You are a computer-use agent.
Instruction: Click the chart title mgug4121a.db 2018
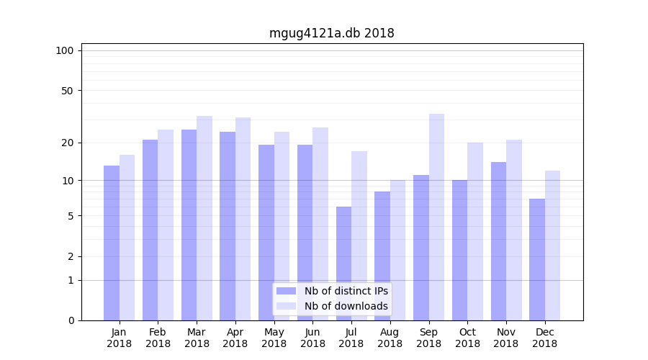pyautogui.click(x=331, y=33)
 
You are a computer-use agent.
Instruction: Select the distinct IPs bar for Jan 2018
pyautogui.click(x=112, y=243)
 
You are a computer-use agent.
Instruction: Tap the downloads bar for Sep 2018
pyautogui.click(x=436, y=217)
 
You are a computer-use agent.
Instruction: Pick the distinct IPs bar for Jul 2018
pyautogui.click(x=343, y=264)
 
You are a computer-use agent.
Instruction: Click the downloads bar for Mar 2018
pyautogui.click(x=204, y=218)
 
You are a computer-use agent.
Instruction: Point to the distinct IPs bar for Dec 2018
pyautogui.click(x=537, y=259)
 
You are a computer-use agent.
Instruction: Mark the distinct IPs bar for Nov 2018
pyautogui.click(x=498, y=241)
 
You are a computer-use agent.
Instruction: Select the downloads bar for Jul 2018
pyautogui.click(x=359, y=235)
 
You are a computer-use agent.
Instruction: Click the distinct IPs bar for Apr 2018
pyautogui.click(x=228, y=226)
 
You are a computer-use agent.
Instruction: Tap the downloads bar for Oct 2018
pyautogui.click(x=475, y=231)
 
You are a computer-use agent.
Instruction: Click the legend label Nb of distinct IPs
pyautogui.click(x=346, y=291)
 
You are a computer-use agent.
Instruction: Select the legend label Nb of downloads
pyautogui.click(x=346, y=306)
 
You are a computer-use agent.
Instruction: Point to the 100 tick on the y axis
pyautogui.click(x=65, y=50)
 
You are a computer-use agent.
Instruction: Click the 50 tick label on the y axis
pyautogui.click(x=68, y=91)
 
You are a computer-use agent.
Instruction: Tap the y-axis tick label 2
pyautogui.click(x=71, y=256)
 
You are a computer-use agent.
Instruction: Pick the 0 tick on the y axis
pyautogui.click(x=71, y=320)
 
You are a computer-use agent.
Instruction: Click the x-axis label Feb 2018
pyautogui.click(x=158, y=338)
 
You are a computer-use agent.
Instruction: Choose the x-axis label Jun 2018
pyautogui.click(x=312, y=338)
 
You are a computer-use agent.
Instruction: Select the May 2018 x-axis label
pyautogui.click(x=274, y=338)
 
